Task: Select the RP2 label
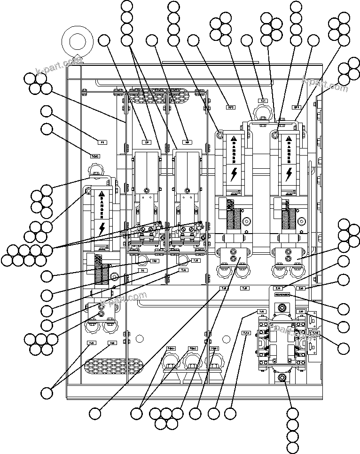[x=231, y=107]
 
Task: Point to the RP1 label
[x=297, y=107]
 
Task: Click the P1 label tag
[x=102, y=141]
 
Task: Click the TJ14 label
[x=246, y=333]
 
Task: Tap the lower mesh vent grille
[x=112, y=366]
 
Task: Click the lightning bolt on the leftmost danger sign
[x=102, y=228]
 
